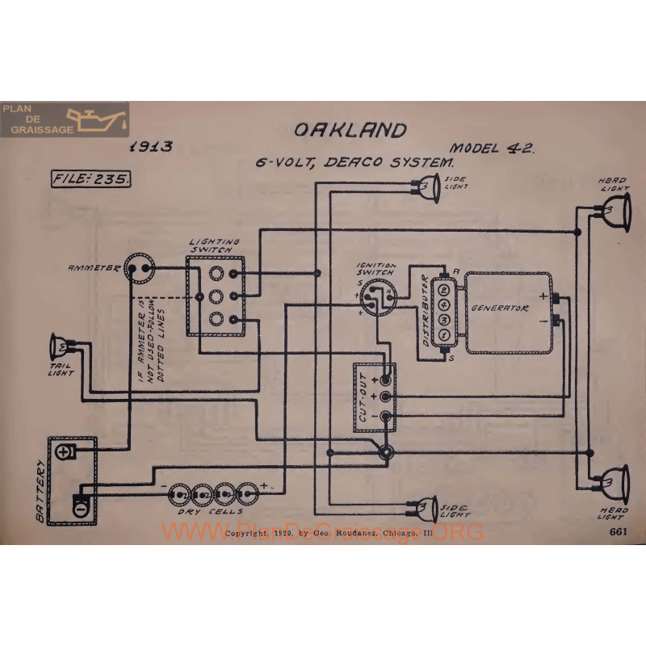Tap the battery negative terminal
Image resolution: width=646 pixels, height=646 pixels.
click(82, 508)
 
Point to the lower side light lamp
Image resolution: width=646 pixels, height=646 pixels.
click(426, 507)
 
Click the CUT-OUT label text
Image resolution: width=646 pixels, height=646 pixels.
click(364, 402)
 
